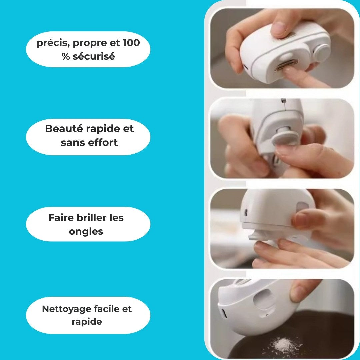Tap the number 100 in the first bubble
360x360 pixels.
[131, 43]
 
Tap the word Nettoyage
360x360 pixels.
[67, 309]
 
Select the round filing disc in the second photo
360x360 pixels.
[285, 136]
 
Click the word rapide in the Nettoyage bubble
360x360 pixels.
[87, 322]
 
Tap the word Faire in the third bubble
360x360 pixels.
[61, 218]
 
